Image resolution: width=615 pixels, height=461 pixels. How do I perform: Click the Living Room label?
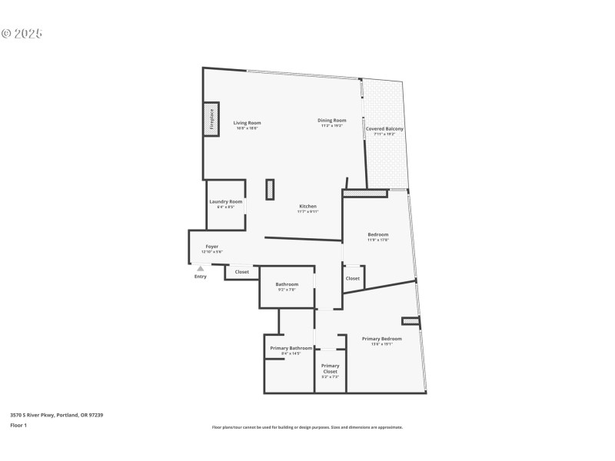[x=247, y=123]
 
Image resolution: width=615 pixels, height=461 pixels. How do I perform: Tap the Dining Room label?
[x=332, y=120]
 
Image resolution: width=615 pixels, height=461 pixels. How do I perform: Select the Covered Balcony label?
[x=384, y=129]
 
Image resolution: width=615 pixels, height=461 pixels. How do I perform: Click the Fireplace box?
[x=211, y=120]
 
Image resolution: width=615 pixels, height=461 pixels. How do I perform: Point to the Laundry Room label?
[x=225, y=201]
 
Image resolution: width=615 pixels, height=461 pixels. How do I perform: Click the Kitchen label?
[x=307, y=206]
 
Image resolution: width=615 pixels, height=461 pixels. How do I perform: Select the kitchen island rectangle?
[x=270, y=189]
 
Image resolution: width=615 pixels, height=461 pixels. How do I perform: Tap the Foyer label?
[x=211, y=247]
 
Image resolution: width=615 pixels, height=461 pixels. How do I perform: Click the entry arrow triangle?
[x=201, y=268]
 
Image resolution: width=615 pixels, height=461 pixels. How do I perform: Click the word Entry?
[x=201, y=277]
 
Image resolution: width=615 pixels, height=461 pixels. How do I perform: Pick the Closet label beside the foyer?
[x=241, y=272]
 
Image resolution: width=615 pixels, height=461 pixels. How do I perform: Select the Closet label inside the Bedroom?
[x=352, y=278]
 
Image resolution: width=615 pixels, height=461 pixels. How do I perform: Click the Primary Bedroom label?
[x=381, y=338]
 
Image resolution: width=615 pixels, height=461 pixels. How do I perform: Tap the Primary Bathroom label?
[x=291, y=348]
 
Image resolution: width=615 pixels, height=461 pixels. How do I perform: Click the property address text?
[x=56, y=415]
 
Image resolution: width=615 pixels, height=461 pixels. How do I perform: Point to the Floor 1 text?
[x=18, y=425]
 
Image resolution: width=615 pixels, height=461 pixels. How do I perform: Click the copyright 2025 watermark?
[x=22, y=34]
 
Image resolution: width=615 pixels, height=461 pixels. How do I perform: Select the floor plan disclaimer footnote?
[x=307, y=427]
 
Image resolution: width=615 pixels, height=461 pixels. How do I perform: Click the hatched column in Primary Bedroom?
[x=410, y=321]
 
